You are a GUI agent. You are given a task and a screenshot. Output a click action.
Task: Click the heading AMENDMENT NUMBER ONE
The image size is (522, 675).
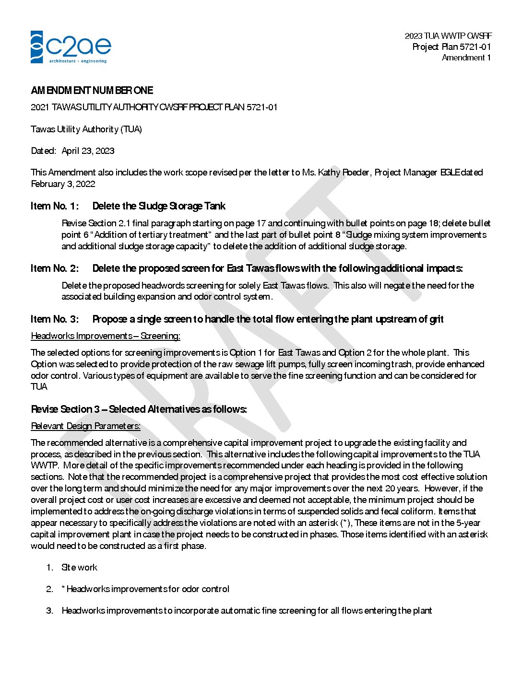(x=92, y=90)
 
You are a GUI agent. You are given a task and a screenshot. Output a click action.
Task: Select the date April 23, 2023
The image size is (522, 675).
(x=88, y=151)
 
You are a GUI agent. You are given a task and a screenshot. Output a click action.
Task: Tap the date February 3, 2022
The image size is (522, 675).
(x=63, y=184)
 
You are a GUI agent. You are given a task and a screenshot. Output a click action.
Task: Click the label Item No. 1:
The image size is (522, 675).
(x=55, y=206)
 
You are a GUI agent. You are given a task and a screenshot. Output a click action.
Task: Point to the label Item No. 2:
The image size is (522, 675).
(x=55, y=268)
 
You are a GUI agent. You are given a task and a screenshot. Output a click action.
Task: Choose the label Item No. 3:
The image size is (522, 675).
(x=55, y=319)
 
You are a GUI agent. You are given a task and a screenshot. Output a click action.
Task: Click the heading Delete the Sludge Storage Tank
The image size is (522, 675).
(x=159, y=206)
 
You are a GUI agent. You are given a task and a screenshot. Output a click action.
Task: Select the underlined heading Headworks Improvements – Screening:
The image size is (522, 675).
(x=106, y=336)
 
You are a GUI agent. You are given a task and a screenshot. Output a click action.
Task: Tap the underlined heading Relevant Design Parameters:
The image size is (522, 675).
(x=85, y=426)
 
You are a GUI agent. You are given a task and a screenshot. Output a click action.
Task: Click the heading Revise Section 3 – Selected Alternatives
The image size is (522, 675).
(x=139, y=409)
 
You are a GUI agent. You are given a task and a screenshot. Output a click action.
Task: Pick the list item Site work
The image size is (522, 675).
(x=79, y=567)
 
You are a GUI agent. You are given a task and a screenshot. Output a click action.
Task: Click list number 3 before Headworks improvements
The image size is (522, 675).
(x=49, y=610)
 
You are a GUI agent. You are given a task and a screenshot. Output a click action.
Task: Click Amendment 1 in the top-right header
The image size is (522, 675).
(x=466, y=58)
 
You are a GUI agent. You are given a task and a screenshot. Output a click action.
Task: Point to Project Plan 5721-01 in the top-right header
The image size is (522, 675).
(x=451, y=47)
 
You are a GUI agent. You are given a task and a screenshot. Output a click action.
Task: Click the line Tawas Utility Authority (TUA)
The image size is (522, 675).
(x=86, y=129)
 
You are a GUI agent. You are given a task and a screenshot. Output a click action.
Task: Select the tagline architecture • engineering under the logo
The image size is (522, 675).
(x=78, y=61)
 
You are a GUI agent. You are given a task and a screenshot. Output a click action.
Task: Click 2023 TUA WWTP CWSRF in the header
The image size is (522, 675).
(x=448, y=35)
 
